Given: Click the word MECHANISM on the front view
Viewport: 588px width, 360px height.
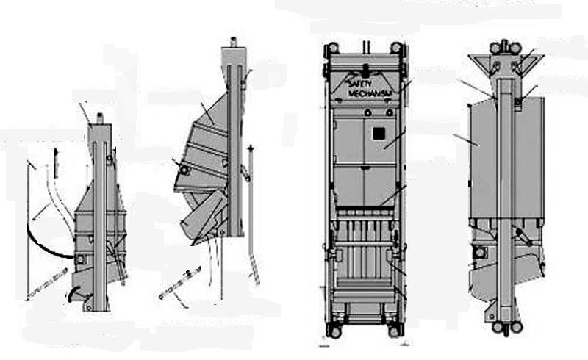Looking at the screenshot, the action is point(370,93).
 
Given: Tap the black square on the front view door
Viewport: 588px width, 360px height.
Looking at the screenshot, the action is point(379,134).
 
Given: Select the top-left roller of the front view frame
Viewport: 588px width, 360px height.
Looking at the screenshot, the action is point(332,48).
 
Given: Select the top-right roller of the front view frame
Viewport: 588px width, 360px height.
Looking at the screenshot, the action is point(395,48).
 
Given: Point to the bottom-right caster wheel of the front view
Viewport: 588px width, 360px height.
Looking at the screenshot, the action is point(394,331).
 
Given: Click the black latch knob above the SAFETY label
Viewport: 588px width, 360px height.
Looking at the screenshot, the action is point(365,70).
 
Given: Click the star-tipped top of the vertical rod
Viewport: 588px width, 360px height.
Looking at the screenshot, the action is point(251,149).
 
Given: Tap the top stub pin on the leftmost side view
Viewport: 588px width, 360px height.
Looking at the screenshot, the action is point(100,119).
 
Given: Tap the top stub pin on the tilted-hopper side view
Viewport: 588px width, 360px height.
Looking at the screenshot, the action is point(233,42).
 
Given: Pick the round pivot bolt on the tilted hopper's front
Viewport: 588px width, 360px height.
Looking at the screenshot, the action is point(184,170).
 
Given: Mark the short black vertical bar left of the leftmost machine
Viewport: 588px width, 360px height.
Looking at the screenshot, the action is point(56,163).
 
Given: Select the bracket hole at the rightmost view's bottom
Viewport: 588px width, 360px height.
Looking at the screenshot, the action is point(490,317).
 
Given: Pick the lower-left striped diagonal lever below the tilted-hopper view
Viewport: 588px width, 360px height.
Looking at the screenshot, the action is point(179,284).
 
